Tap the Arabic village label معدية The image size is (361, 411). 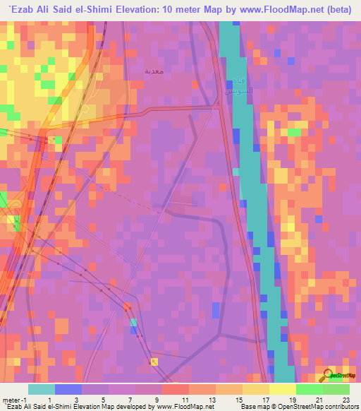coord(154,72)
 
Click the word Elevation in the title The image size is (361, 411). coord(162,8)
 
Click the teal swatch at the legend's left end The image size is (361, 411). coord(41,389)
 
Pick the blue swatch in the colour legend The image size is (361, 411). coord(68,389)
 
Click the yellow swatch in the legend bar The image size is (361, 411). coord(255,389)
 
